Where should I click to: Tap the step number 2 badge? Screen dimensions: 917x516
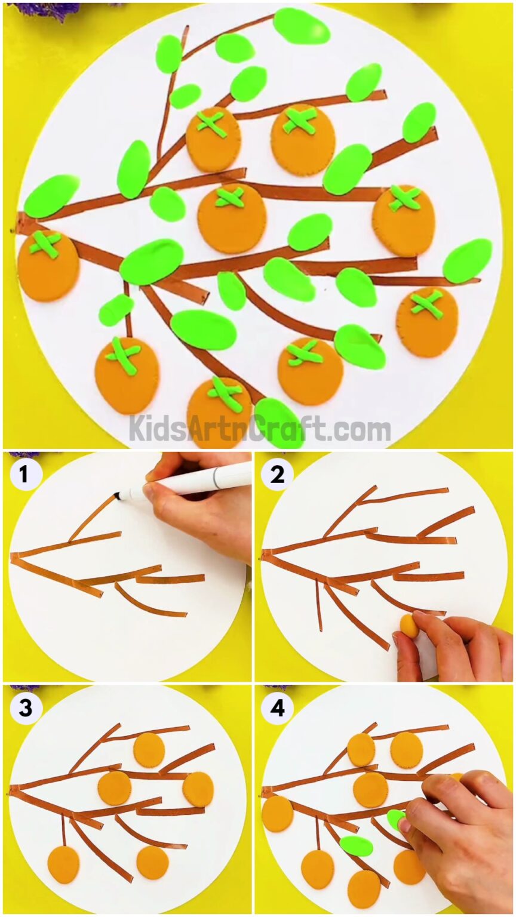pos(277,475)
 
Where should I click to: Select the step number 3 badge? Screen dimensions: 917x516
pos(25,708)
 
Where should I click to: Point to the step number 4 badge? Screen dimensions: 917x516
pos(277,708)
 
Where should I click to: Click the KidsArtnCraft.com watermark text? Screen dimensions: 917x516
pos(259,428)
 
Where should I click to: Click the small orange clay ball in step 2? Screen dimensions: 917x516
pos(408,624)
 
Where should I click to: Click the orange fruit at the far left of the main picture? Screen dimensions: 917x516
pos(48,267)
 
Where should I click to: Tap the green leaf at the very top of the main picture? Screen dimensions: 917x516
pos(301,26)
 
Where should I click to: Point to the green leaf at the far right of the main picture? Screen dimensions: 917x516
pos(468,260)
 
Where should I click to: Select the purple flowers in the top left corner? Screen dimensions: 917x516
pos(45,9)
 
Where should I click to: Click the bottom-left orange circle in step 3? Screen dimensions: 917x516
pos(63,864)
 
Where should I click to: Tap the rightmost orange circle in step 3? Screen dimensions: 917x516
pos(198,789)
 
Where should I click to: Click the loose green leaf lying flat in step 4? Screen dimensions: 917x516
pos(357,845)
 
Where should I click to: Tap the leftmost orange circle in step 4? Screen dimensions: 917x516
pos(278,814)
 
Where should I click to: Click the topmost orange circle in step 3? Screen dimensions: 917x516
pos(149,750)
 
